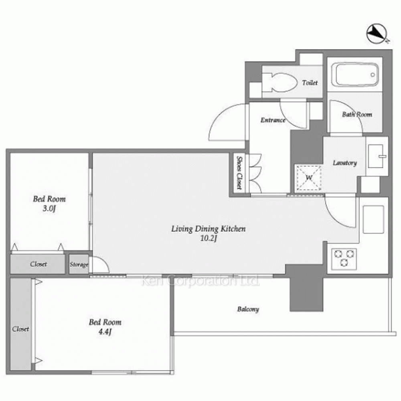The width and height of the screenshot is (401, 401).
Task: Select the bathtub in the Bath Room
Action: tap(355, 75)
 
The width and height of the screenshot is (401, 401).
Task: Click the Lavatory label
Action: tap(344, 163)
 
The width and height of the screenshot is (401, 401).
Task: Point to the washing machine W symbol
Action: tap(309, 178)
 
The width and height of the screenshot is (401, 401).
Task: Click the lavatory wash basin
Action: tap(377, 156)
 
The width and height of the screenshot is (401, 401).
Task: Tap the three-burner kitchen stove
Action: tap(344, 259)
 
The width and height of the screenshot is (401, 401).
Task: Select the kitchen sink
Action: tap(373, 219)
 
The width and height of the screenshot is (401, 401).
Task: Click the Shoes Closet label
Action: tap(239, 172)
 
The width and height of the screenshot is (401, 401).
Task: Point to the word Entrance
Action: tap(273, 120)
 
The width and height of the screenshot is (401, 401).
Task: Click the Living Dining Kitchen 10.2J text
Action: tap(209, 233)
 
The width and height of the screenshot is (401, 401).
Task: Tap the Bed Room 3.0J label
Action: tap(49, 204)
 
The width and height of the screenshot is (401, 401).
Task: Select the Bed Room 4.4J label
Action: tap(105, 327)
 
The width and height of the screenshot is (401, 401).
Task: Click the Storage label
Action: tap(79, 264)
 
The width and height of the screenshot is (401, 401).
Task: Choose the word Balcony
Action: tap(248, 309)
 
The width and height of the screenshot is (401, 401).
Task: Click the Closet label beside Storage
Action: tap(38, 264)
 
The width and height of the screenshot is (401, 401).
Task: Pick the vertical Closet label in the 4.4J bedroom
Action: tap(20, 329)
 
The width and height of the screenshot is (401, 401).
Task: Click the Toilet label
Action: tap(310, 83)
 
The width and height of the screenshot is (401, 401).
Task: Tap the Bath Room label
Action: tap(357, 114)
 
